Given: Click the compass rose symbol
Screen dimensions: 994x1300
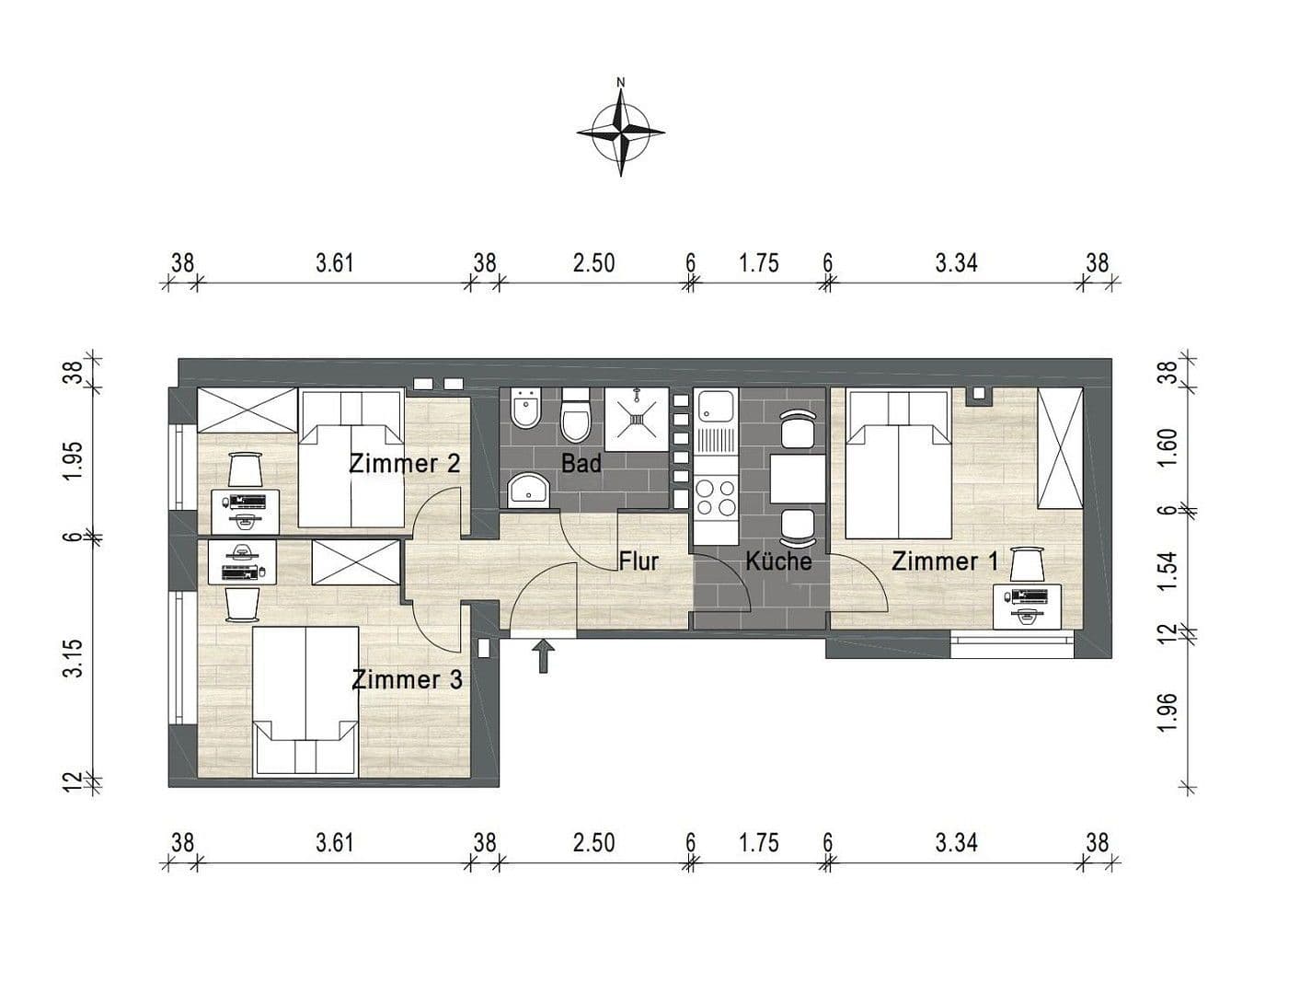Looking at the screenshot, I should tap(621, 132).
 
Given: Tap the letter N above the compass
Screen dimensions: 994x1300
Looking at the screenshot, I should tap(621, 83).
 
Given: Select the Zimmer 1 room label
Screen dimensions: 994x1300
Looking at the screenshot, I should tap(944, 561).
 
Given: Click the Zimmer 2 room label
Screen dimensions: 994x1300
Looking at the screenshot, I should tap(404, 463).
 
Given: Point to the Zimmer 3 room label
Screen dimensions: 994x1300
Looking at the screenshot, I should tap(407, 680).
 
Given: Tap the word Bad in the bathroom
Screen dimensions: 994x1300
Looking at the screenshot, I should tap(581, 463).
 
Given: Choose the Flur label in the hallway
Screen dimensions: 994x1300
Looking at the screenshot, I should tap(638, 561).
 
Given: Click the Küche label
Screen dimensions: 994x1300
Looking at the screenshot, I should tap(778, 561).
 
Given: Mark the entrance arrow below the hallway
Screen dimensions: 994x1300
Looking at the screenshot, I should tap(544, 656).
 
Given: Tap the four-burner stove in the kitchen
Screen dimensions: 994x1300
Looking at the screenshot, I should tap(716, 497).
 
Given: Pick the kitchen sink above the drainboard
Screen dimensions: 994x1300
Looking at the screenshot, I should tap(716, 405).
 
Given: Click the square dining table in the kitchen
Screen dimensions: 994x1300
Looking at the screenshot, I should tap(797, 479).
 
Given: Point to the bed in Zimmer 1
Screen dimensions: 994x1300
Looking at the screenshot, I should tap(898, 464).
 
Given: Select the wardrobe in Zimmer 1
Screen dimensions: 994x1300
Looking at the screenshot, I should tap(1060, 448).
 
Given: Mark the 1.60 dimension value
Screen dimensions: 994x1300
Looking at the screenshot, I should tap(1168, 447).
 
